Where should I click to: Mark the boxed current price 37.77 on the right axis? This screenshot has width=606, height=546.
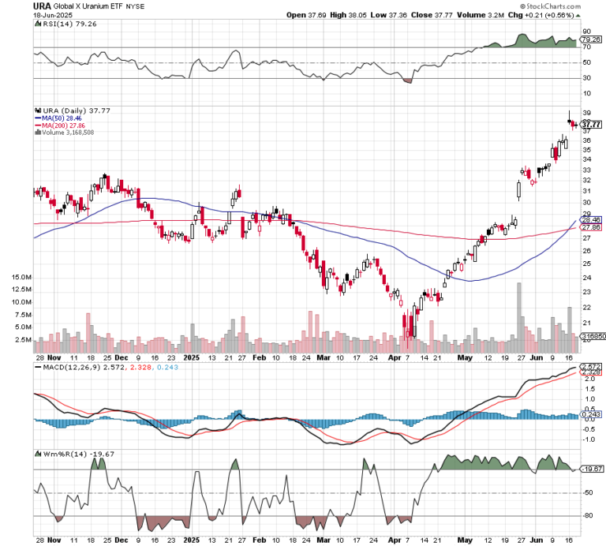(x=591, y=125)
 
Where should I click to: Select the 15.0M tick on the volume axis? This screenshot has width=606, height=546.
(x=21, y=278)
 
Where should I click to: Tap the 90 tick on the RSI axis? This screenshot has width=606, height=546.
(x=585, y=32)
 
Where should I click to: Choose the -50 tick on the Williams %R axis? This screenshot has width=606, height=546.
(x=587, y=493)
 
